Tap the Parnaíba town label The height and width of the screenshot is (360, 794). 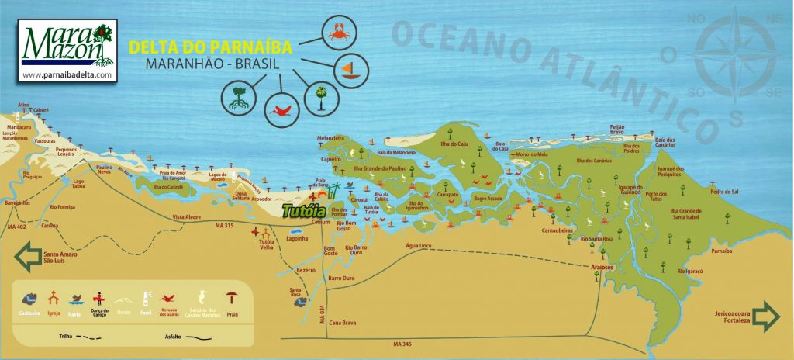(x=720, y=251)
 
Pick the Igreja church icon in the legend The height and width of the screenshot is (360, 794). (x=54, y=299)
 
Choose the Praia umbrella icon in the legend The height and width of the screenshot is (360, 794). (x=231, y=299)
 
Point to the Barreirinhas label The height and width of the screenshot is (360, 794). (x=17, y=202)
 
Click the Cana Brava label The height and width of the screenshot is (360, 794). (x=342, y=322)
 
